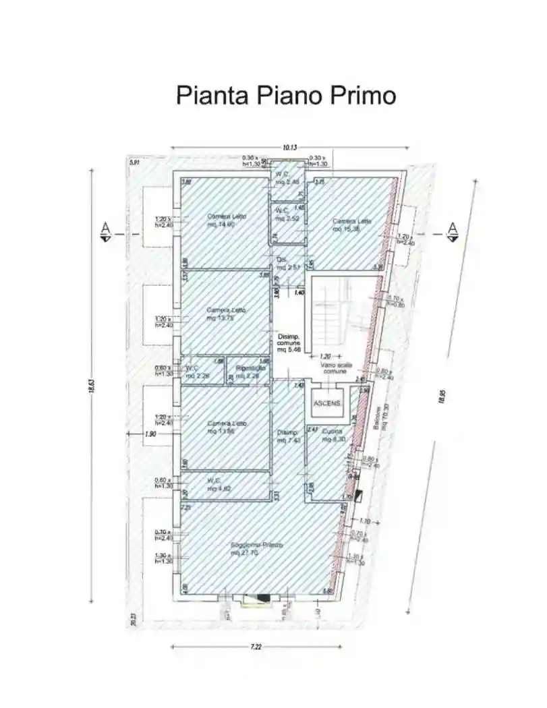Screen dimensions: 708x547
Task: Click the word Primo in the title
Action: (363, 95)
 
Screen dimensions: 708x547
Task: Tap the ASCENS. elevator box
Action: (327, 403)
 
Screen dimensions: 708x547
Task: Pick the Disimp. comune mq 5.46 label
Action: (288, 343)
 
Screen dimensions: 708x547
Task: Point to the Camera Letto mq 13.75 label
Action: (226, 314)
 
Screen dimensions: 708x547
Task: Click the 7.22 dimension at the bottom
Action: (256, 647)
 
